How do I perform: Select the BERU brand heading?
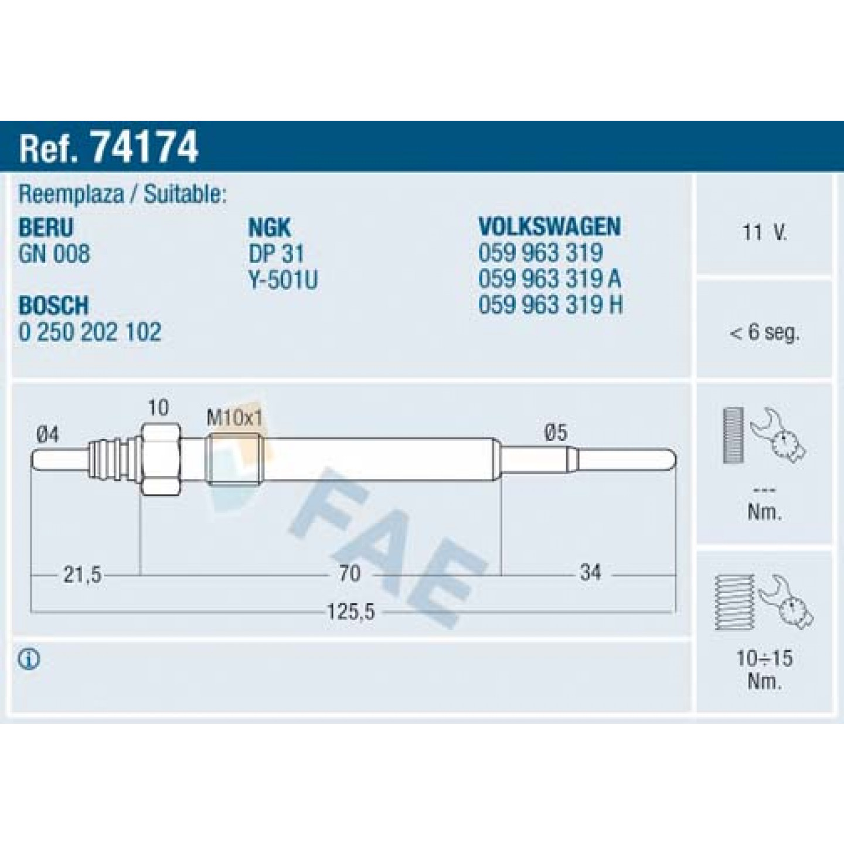[x=46, y=227]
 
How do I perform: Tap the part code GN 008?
[x=55, y=254]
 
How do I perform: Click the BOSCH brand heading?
[x=53, y=305]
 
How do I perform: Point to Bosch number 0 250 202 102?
[x=90, y=332]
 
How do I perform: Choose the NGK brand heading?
[x=270, y=227]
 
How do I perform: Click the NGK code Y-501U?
[x=283, y=280]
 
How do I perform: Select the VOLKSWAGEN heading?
[x=550, y=226]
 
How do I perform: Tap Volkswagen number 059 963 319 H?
[x=550, y=304]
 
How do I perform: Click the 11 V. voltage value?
[x=765, y=232]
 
